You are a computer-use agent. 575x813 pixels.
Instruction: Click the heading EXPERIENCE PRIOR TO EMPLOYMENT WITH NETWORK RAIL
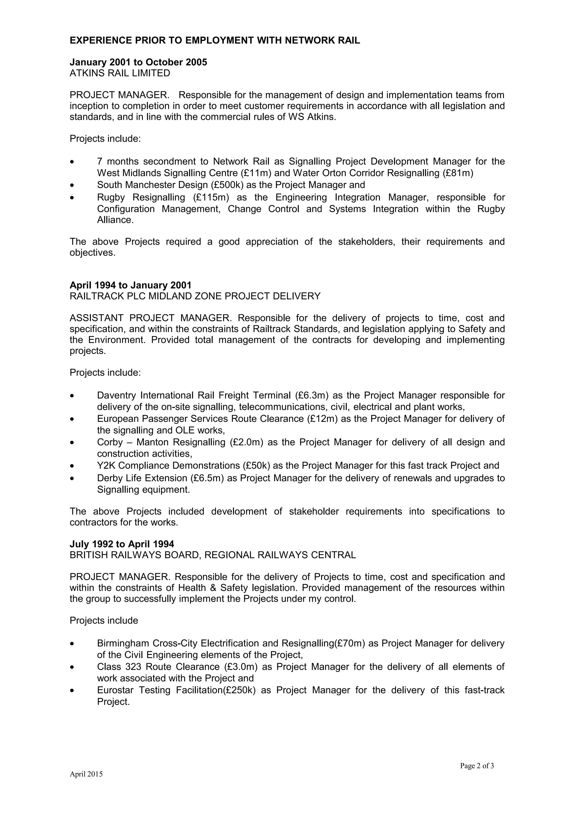(x=215, y=40)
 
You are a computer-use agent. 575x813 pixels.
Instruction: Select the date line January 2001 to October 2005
(x=138, y=62)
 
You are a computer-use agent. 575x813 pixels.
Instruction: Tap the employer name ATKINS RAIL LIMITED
(x=120, y=73)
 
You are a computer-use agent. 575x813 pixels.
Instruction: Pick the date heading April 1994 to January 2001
(x=130, y=285)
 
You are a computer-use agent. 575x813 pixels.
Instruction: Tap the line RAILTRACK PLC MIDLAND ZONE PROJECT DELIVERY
(x=195, y=296)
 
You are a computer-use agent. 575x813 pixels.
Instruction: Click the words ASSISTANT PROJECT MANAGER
(x=151, y=318)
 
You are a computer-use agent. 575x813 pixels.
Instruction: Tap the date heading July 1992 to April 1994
(x=122, y=544)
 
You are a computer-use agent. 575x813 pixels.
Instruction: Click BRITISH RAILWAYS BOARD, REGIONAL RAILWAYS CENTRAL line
(x=213, y=555)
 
